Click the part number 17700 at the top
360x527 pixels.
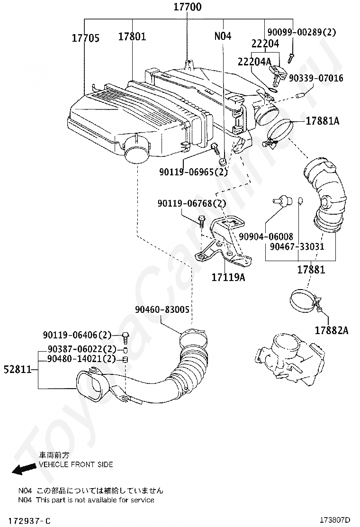pos(188,7)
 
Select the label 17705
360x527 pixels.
pos(86,38)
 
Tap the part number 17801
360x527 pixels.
pos(132,36)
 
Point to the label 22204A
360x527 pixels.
pos(254,62)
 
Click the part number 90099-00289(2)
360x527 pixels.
pos(302,32)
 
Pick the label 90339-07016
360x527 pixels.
pos(316,78)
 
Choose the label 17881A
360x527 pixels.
pos(323,121)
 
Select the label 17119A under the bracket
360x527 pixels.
pos(228,277)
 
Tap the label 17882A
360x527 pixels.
pos(332,330)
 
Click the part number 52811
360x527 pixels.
pos(18,370)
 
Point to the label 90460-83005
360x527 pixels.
pos(162,309)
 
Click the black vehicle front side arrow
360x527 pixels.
pos(24,469)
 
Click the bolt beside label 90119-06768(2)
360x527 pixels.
pos(201,221)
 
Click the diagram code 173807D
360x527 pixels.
pos(334,520)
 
